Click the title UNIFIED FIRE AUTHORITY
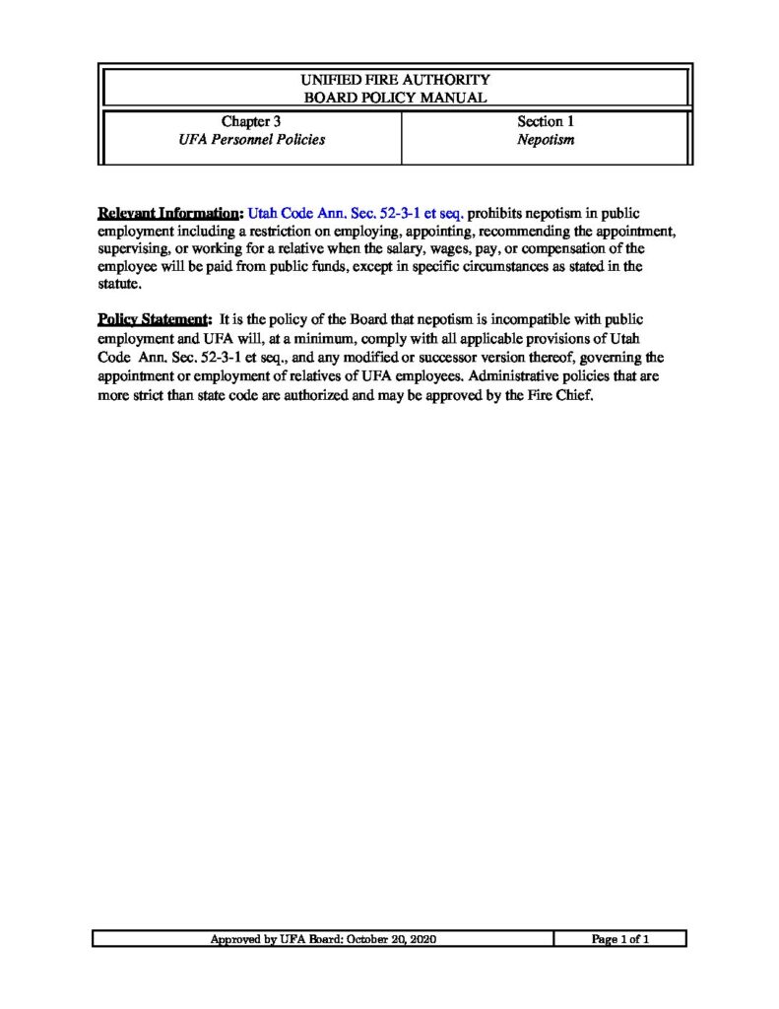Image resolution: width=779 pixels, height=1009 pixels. (394, 79)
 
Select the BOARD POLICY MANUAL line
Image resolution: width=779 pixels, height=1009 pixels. (394, 97)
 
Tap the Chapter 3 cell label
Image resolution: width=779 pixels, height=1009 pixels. (251, 122)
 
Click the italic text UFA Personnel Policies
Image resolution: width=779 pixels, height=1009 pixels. (251, 140)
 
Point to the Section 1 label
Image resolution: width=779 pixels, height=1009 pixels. (546, 122)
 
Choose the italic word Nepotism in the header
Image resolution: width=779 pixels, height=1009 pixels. (546, 140)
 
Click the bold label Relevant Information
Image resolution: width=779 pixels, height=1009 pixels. (169, 213)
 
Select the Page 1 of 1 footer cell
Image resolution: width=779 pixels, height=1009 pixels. (620, 940)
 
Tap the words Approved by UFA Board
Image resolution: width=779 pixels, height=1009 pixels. (268, 940)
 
